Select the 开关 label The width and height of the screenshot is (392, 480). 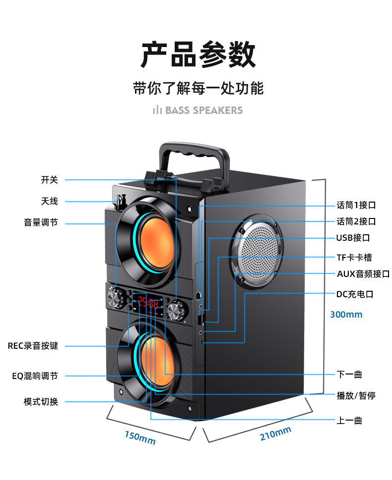(50, 180)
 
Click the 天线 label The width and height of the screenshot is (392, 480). (50, 201)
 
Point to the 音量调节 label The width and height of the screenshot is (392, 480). (41, 223)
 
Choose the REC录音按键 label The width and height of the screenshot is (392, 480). (33, 346)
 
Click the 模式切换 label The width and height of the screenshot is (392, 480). (41, 402)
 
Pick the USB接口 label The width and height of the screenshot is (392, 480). (353, 238)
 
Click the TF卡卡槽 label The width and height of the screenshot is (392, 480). (354, 258)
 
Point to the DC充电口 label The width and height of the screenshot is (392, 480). (354, 294)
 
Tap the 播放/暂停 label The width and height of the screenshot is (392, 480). (356, 395)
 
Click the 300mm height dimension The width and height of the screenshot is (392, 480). (346, 315)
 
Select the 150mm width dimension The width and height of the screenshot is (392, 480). (140, 437)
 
